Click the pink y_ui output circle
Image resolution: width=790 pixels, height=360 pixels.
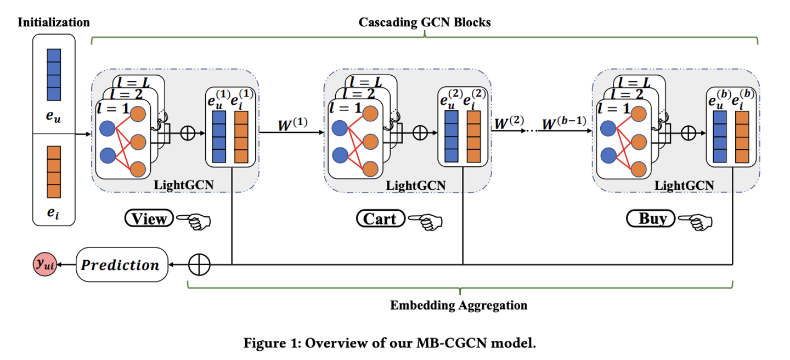(x=45, y=266)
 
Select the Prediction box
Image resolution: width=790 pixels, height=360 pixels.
(x=121, y=266)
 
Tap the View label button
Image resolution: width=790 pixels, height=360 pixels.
(x=149, y=219)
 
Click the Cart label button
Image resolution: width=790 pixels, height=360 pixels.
(x=381, y=219)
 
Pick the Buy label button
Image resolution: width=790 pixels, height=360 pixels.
(x=652, y=219)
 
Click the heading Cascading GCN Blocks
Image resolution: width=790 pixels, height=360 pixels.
(x=424, y=22)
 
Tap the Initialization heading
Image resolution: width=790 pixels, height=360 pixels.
(x=54, y=22)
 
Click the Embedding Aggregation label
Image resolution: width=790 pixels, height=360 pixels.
(x=459, y=305)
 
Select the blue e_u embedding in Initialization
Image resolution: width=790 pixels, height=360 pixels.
(x=53, y=75)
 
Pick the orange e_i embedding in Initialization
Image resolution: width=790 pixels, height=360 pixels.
(x=53, y=171)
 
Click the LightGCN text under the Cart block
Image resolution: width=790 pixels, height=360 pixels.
(x=415, y=185)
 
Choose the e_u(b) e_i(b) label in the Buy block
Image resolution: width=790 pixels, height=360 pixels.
(x=731, y=99)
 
